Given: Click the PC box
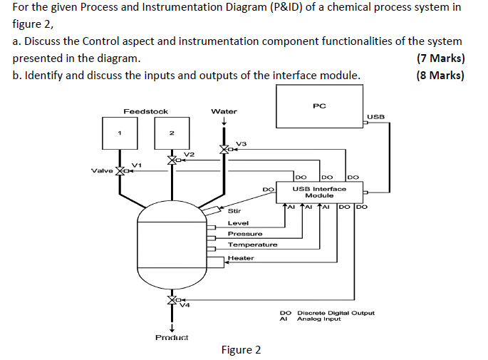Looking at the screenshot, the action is [319, 106].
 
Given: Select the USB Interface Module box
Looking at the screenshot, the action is [319, 192].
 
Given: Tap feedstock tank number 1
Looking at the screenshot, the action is [120, 133].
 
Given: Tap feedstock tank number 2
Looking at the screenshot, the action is [172, 133].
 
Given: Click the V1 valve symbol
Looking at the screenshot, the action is [120, 170].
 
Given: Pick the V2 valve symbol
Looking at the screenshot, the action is [172, 160].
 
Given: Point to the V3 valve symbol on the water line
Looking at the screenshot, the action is [224, 150].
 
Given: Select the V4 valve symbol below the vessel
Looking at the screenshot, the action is [172, 300].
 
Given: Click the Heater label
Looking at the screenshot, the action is [241, 258].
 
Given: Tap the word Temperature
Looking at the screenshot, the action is [252, 245].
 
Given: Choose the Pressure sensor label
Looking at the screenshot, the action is [245, 234].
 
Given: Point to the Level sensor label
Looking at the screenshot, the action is [238, 223].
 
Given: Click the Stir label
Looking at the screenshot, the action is [234, 211].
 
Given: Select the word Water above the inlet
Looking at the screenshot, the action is [224, 111].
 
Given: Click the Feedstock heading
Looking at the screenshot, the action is [145, 111].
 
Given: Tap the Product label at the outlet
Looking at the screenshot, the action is [172, 337].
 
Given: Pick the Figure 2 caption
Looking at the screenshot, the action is [241, 350].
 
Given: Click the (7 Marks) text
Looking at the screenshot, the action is [441, 58].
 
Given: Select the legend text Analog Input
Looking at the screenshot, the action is [318, 319].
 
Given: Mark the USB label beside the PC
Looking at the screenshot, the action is [375, 117].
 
